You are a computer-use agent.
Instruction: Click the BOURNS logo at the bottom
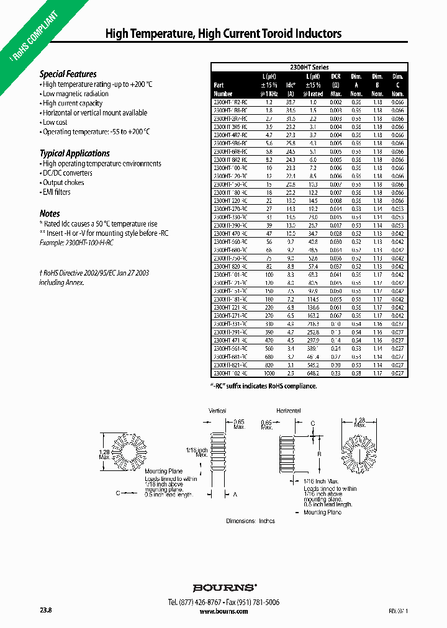pyautogui.click(x=224, y=587)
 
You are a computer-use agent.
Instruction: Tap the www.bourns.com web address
pyautogui.click(x=224, y=611)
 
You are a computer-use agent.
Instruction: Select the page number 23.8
pyautogui.click(x=45, y=611)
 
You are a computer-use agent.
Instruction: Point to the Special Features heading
pyautogui.click(x=68, y=74)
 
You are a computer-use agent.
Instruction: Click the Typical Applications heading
pyautogui.click(x=74, y=153)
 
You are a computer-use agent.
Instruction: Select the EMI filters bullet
pyautogui.click(x=56, y=192)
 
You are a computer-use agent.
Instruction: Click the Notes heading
pyautogui.click(x=50, y=213)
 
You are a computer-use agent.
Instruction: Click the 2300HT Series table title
pyautogui.click(x=309, y=67)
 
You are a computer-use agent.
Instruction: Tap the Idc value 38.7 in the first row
pyautogui.click(x=290, y=101)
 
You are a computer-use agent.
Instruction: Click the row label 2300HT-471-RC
pyautogui.click(x=230, y=340)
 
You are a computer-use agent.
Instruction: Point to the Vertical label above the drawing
pyautogui.click(x=218, y=411)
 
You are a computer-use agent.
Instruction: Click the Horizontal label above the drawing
pyautogui.click(x=289, y=411)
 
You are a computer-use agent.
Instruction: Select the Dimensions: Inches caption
pyautogui.click(x=250, y=521)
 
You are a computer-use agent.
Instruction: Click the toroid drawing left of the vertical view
pyautogui.click(x=134, y=455)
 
